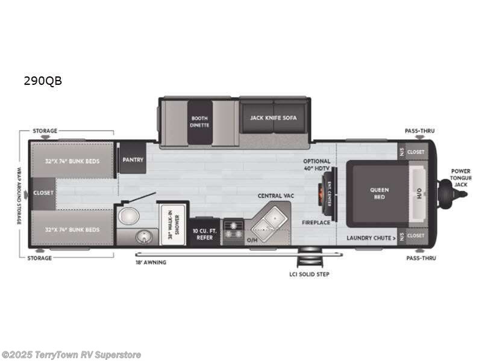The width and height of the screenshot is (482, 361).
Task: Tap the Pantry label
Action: pyautogui.click(x=131, y=160)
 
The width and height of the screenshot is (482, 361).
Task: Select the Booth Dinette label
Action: pyautogui.click(x=200, y=122)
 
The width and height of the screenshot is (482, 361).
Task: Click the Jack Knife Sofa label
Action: pyautogui.click(x=274, y=118)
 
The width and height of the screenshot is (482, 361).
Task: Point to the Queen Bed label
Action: pyautogui.click(x=379, y=193)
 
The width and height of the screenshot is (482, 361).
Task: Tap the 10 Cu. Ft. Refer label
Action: pyautogui.click(x=204, y=233)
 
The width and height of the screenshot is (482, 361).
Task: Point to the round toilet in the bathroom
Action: pyautogui.click(x=127, y=217)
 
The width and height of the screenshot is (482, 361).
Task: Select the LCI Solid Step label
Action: pyautogui.click(x=309, y=274)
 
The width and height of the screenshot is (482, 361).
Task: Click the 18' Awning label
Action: pyautogui.click(x=151, y=263)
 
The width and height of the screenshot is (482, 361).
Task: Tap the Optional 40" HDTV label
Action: pyautogui.click(x=316, y=164)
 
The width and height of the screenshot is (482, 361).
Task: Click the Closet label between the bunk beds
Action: pyautogui.click(x=43, y=193)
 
